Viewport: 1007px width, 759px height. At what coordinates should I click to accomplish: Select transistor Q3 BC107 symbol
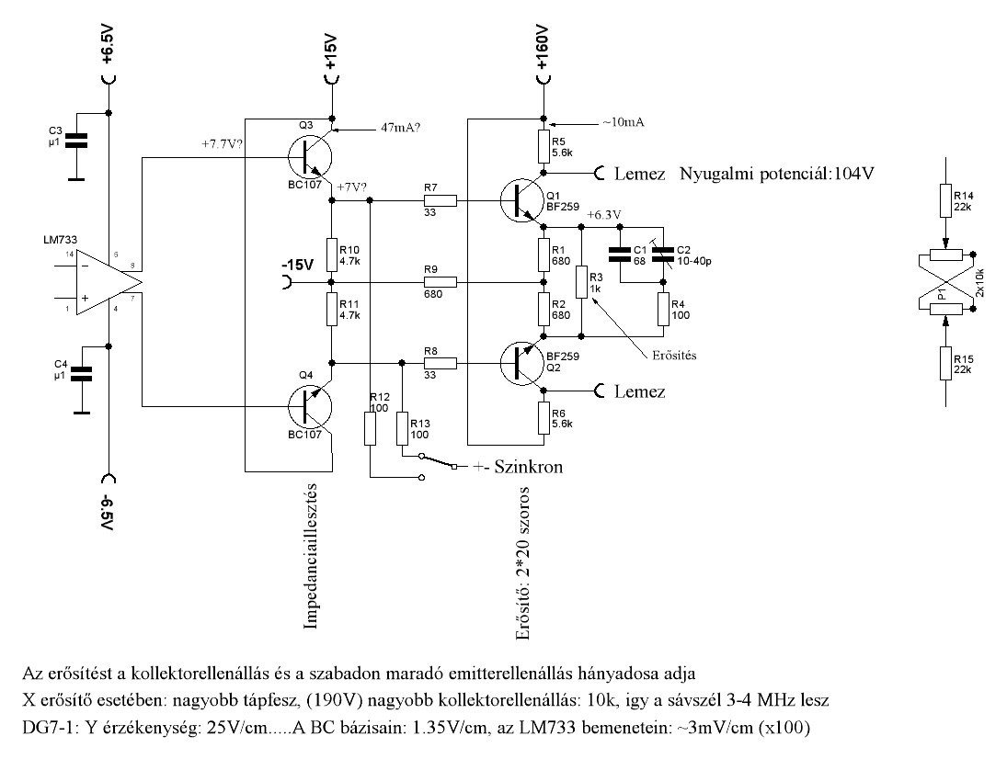coord(310,158)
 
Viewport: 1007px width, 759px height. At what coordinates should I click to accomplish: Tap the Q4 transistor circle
coord(310,406)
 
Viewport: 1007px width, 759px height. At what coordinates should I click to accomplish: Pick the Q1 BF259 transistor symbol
coord(521,201)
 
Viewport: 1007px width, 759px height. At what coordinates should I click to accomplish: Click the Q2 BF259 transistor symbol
coord(521,364)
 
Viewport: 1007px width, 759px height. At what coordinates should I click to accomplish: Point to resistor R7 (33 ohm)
coord(440,201)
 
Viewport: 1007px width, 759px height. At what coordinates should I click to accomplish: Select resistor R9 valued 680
coord(440,282)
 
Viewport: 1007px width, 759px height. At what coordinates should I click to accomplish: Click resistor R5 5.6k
coord(544,148)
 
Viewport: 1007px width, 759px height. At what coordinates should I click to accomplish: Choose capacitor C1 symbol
coord(620,254)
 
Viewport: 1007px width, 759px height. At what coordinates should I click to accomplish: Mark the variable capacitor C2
coord(663,254)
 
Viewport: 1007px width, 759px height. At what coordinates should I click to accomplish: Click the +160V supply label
coord(542,49)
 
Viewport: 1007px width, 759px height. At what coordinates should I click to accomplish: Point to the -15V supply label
coord(297,265)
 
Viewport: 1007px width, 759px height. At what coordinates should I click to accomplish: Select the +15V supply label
coord(331,52)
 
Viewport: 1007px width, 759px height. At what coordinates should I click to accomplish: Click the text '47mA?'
coord(401,127)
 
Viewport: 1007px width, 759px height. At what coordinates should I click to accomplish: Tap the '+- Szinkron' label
coord(518,467)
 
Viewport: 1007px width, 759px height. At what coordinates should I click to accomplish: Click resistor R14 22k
coord(944,201)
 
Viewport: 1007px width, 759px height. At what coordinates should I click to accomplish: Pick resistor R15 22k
coord(944,364)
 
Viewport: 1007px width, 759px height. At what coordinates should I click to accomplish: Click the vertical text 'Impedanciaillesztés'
coord(311,556)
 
